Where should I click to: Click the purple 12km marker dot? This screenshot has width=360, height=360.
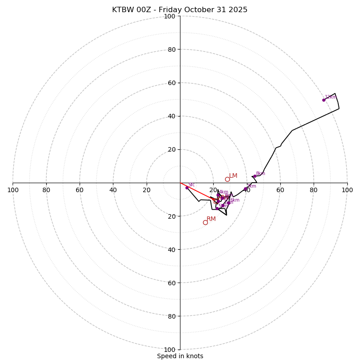tap(324, 100)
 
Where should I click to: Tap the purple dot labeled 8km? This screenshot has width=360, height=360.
tap(254, 176)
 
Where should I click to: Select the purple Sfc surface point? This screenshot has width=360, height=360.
tap(187, 188)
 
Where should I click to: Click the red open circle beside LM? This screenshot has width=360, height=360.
tap(227, 179)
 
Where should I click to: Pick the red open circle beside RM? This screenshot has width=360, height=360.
tap(205, 222)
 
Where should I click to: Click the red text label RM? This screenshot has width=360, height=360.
tap(211, 219)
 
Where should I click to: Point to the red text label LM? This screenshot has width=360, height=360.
tap(233, 176)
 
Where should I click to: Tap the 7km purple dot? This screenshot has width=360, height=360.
tap(245, 189)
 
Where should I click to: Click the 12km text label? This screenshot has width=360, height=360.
tap(330, 97)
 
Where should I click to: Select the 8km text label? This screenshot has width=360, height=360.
tap(261, 174)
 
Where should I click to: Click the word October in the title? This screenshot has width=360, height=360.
tap(197, 10)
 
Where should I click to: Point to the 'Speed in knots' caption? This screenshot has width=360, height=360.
tap(180, 356)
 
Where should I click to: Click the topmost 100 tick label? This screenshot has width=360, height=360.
tap(170, 16)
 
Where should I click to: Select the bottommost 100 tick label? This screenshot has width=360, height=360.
tap(170, 350)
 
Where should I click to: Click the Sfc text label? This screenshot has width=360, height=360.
tap(192, 185)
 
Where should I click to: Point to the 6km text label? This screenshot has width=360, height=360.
tap(235, 200)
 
